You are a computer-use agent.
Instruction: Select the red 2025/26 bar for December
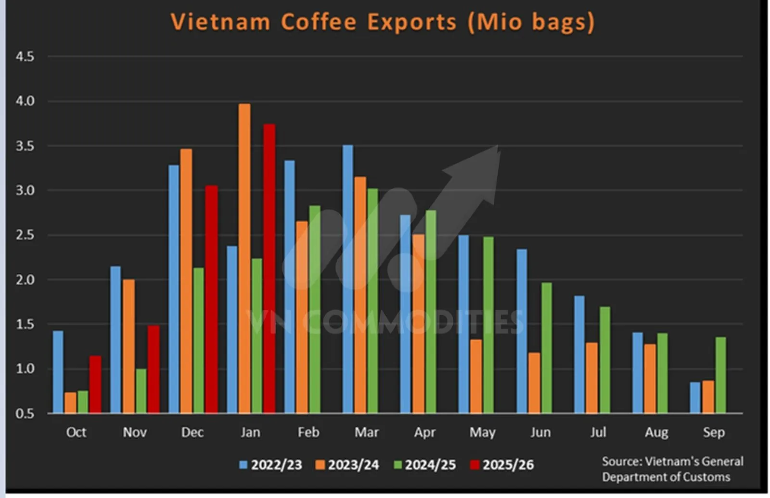211,299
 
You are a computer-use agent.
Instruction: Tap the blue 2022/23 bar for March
347,279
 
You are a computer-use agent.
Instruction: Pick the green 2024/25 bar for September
720,375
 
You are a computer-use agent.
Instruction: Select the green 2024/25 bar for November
141,391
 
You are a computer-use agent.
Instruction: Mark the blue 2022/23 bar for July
579,354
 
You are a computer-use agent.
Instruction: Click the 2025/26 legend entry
502,465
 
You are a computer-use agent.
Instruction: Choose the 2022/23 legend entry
271,465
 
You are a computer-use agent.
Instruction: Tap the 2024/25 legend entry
424,465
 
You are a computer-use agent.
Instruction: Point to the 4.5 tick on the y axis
25,57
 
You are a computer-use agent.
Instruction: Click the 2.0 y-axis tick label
25,280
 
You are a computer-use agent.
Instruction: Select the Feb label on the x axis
308,432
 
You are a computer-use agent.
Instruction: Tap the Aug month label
656,432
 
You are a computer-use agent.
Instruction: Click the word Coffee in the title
319,22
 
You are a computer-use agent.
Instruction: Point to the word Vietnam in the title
220,22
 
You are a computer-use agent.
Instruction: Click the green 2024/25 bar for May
488,325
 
